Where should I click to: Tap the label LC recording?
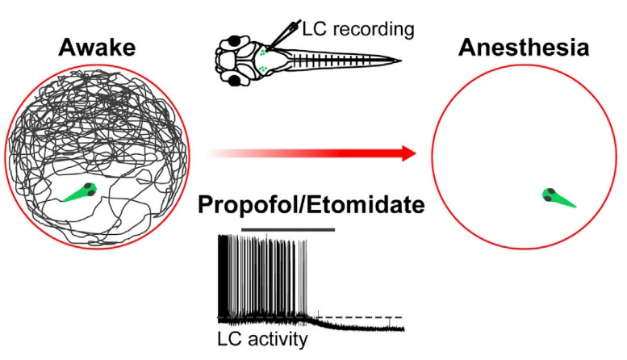(356, 31)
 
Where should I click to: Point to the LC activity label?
(262, 340)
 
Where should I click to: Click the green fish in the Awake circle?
(82, 192)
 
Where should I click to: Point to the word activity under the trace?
(278, 340)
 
